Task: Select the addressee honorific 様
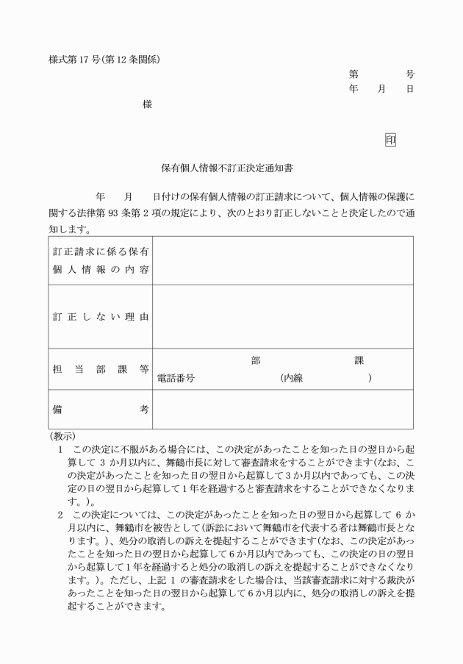[x=147, y=105]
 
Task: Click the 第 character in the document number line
[x=353, y=74]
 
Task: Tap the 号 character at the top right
[x=409, y=74]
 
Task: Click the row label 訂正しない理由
[x=101, y=317]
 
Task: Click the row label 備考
[x=101, y=410]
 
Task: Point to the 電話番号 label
[x=176, y=378]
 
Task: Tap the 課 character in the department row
[x=359, y=360]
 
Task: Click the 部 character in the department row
[x=255, y=360]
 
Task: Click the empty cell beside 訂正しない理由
[x=282, y=317]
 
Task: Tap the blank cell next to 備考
[x=282, y=410]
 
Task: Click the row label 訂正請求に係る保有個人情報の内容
[x=101, y=260]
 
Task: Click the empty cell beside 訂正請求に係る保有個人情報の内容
[x=282, y=260]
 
